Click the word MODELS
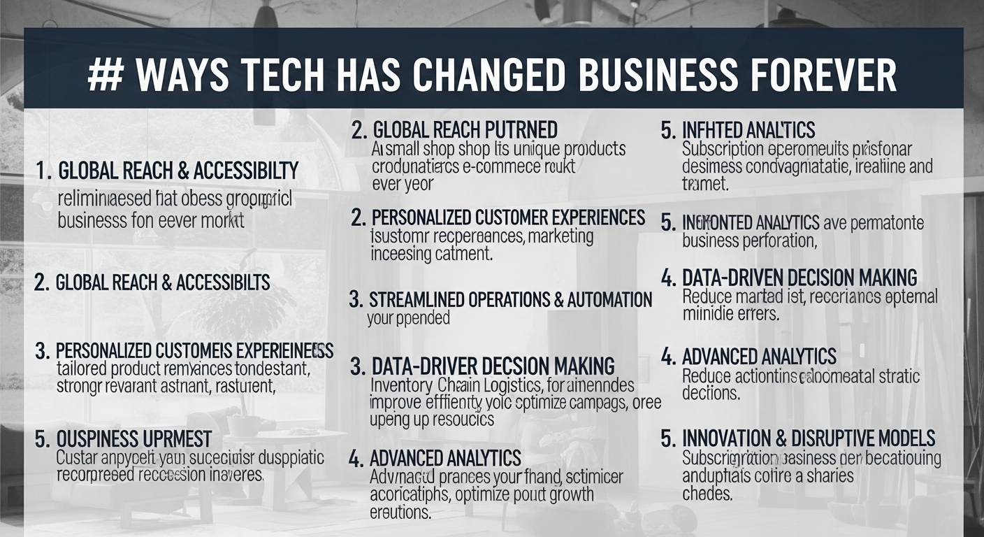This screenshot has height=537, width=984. (x=902, y=438)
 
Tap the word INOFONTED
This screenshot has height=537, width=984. (x=715, y=223)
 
